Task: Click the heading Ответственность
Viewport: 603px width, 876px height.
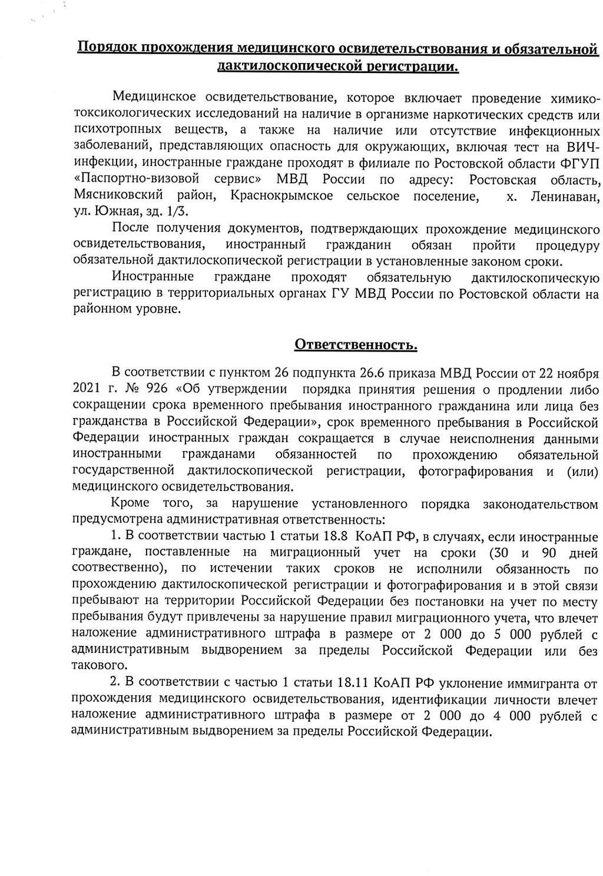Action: [356, 344]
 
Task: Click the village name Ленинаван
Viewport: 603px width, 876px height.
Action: [565, 196]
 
